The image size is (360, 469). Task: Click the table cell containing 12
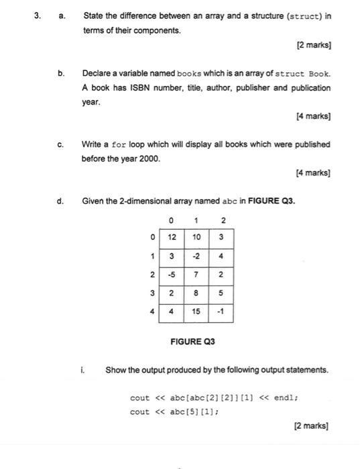(x=172, y=237)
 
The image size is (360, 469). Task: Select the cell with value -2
(x=196, y=256)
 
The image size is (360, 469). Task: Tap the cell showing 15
(x=196, y=312)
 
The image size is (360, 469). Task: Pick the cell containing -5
(x=172, y=275)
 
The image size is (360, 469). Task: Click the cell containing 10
(x=196, y=237)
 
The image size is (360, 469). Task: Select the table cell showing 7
(x=196, y=275)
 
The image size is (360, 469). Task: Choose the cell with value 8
(x=196, y=293)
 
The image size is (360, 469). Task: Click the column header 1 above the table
(x=196, y=220)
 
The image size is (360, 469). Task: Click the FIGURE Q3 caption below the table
(x=191, y=341)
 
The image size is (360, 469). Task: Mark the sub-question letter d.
(x=60, y=200)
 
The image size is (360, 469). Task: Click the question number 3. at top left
(x=39, y=15)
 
